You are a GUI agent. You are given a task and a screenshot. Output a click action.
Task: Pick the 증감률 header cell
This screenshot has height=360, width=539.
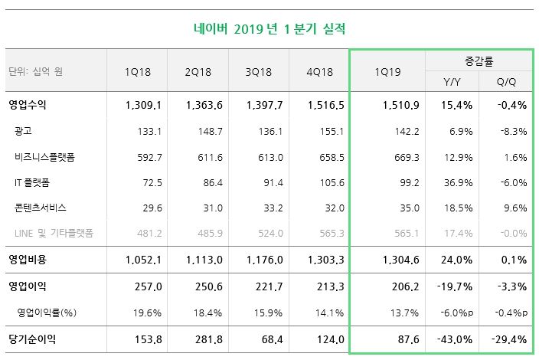pos(478,60)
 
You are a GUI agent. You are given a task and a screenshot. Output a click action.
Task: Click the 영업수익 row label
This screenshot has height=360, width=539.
pos(28,105)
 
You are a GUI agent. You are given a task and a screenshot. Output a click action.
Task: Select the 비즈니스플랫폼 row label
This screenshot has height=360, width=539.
pos(44,157)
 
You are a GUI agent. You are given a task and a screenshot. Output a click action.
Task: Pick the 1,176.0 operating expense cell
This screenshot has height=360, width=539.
pos(264,260)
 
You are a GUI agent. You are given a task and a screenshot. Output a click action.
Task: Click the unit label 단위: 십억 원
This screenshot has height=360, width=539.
pos(34,71)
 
